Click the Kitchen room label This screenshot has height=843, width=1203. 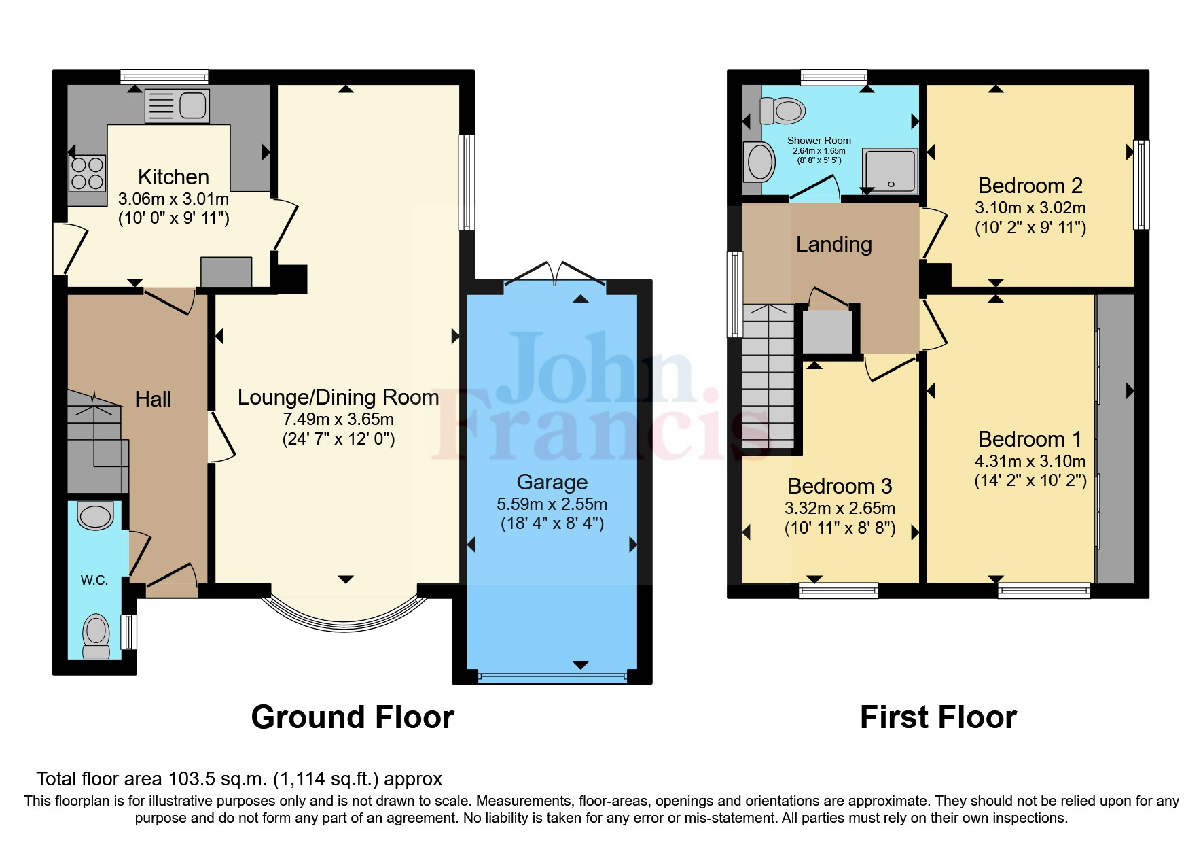coord(173,177)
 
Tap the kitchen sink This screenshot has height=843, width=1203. coord(177,106)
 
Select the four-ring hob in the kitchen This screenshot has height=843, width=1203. coord(87,173)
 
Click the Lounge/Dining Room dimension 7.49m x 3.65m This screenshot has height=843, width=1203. coord(338,419)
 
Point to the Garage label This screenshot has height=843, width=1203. coord(552,482)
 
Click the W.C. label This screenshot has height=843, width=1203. coord(94,580)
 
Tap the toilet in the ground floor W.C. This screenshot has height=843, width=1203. coord(96,636)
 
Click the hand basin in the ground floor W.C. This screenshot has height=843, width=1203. coord(95,516)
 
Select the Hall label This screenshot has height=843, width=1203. coord(153,399)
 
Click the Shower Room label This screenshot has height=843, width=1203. coord(819,141)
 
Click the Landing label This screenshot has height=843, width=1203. coord(833,244)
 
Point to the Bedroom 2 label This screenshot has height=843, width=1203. coord(1030,186)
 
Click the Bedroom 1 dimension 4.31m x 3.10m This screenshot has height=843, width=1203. coord(1030,462)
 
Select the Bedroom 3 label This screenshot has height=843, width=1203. coord(840,486)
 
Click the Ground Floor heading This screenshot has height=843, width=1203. coord(353,718)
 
